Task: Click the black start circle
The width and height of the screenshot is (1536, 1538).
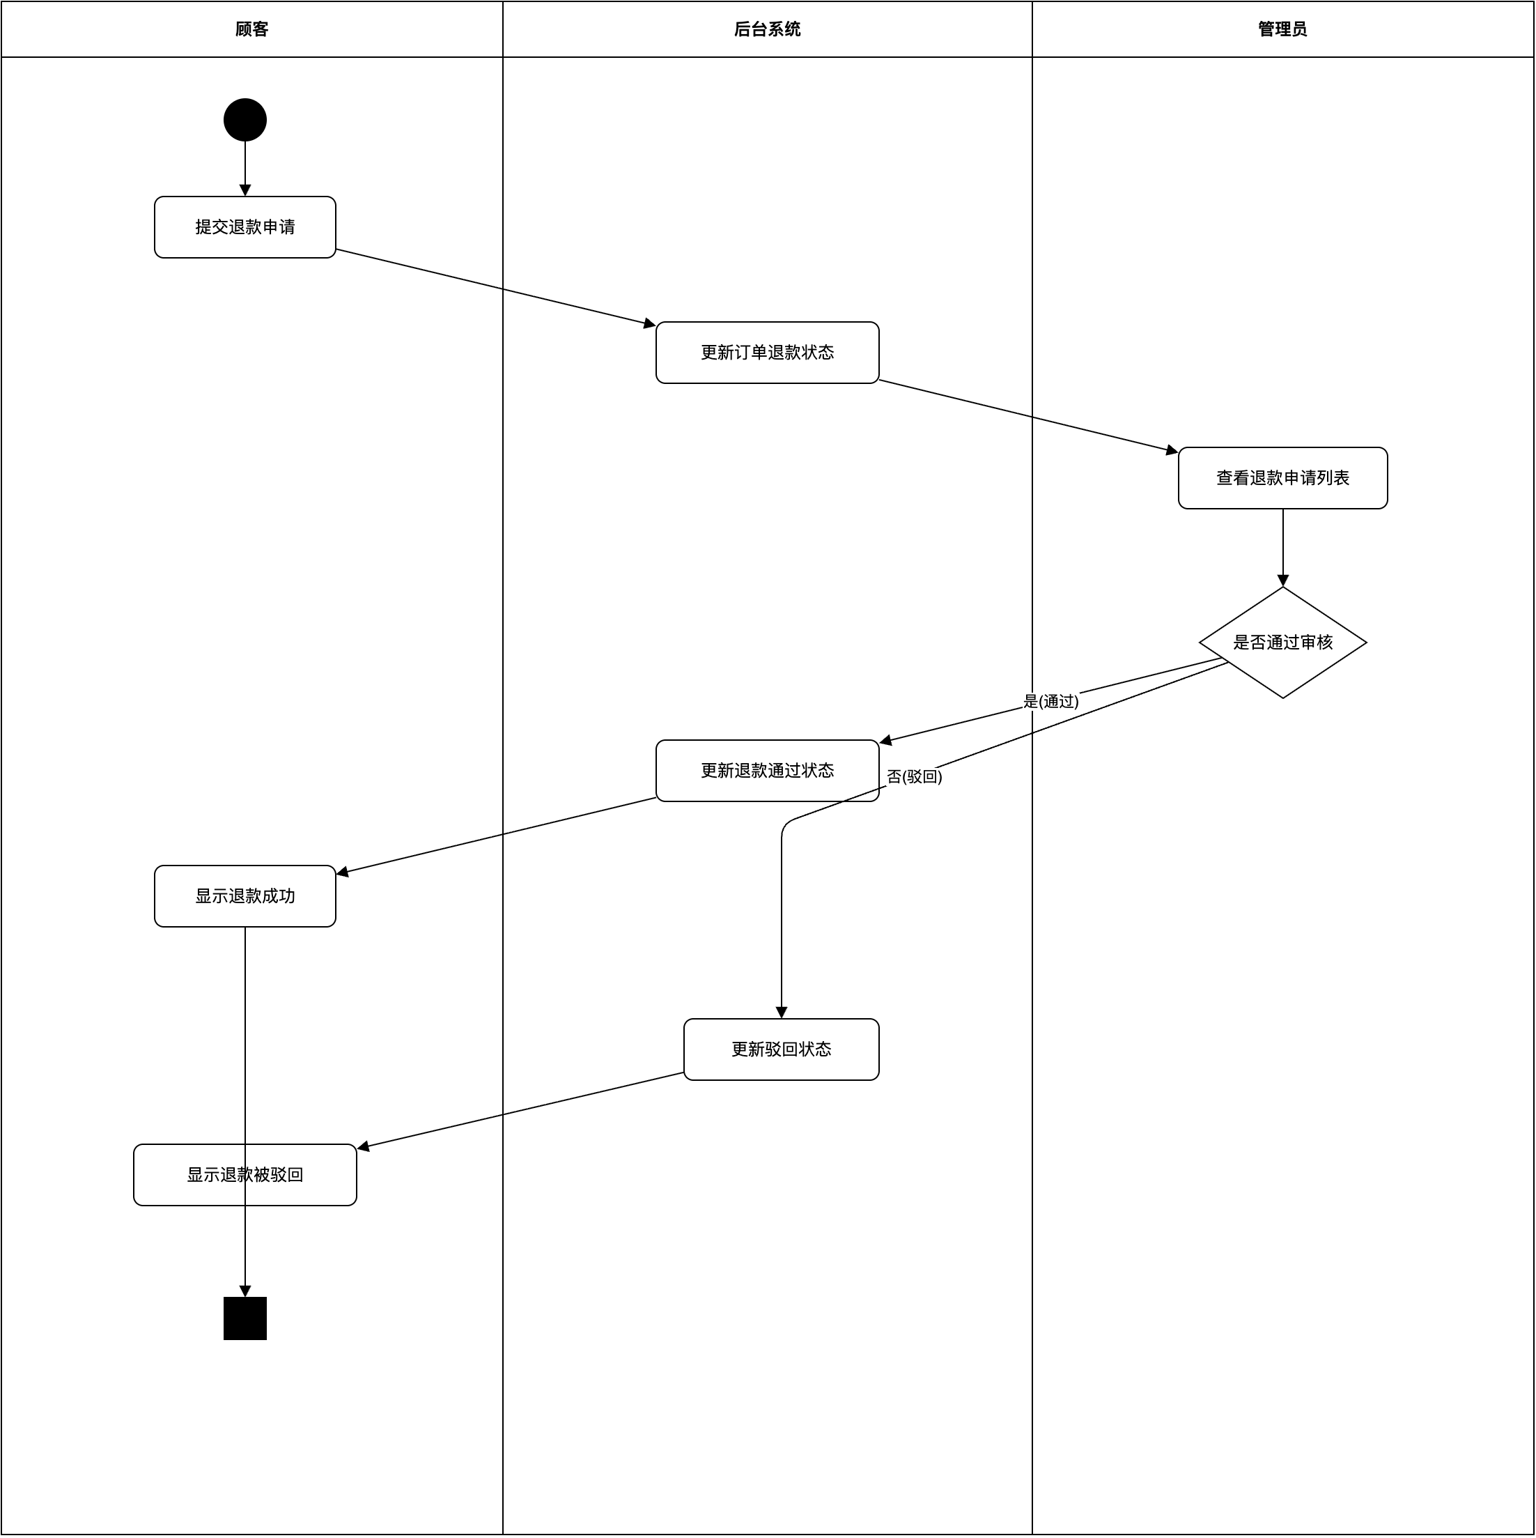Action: coord(245,120)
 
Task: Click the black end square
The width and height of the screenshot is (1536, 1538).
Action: coord(245,1318)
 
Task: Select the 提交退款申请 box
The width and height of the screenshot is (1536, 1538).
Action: coord(245,227)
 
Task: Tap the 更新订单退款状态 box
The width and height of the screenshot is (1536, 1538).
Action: coord(767,353)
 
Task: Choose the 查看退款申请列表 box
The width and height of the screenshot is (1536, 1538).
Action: coord(1282,477)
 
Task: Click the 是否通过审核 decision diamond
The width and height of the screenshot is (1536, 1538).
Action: coord(1282,643)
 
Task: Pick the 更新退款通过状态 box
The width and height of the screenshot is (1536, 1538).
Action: coord(767,771)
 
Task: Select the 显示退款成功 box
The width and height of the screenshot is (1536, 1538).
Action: coord(245,895)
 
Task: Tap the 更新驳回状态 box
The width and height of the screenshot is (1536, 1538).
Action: coord(781,1049)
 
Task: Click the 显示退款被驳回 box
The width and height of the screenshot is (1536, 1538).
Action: coord(245,1175)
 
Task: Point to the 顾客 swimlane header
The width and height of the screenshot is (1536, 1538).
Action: coord(251,29)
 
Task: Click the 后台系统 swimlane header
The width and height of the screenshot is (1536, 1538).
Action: coord(767,29)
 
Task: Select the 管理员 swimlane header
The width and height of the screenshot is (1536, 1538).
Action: coord(1282,29)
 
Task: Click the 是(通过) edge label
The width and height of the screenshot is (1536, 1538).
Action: coord(1050,701)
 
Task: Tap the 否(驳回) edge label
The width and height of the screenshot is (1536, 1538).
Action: coord(915,776)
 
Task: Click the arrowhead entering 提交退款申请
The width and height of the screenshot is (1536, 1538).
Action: coord(245,190)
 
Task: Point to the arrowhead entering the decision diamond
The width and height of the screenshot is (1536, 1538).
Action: coord(1282,580)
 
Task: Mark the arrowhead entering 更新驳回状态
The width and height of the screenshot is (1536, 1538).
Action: coord(781,1013)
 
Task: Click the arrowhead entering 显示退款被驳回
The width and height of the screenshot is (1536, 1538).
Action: coord(364,1147)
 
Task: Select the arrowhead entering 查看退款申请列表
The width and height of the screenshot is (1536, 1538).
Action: coord(1172,451)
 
